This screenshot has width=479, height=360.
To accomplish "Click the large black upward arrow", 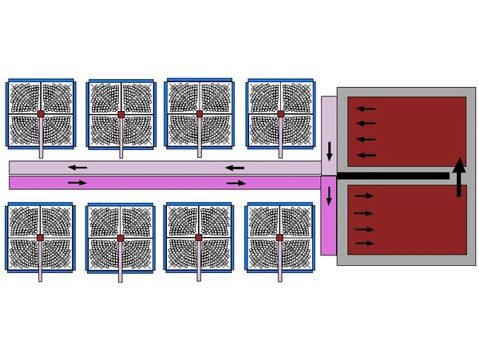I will pos(458,177).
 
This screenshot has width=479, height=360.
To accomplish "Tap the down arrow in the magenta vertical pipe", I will pos(330,194).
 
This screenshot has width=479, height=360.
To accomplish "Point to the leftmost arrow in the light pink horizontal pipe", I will pos(77,167).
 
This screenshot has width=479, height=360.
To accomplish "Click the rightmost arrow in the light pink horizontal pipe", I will pos(235,167).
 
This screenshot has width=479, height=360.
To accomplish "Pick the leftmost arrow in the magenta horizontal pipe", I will pos(77,183).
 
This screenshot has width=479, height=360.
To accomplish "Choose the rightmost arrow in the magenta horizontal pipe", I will pos(236,183).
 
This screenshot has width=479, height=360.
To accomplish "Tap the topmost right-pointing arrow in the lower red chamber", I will pos(363,195).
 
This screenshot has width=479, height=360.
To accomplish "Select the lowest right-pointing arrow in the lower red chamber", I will pos(363,242).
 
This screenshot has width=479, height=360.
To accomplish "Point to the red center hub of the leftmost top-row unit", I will pos(41,114).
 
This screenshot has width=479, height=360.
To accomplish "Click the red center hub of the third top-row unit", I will pos(200,114).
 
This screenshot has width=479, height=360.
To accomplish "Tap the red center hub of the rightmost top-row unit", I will pos(280,114).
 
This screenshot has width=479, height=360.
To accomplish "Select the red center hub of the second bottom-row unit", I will pos(120,238).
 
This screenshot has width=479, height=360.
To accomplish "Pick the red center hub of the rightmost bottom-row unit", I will pos(280,238).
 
